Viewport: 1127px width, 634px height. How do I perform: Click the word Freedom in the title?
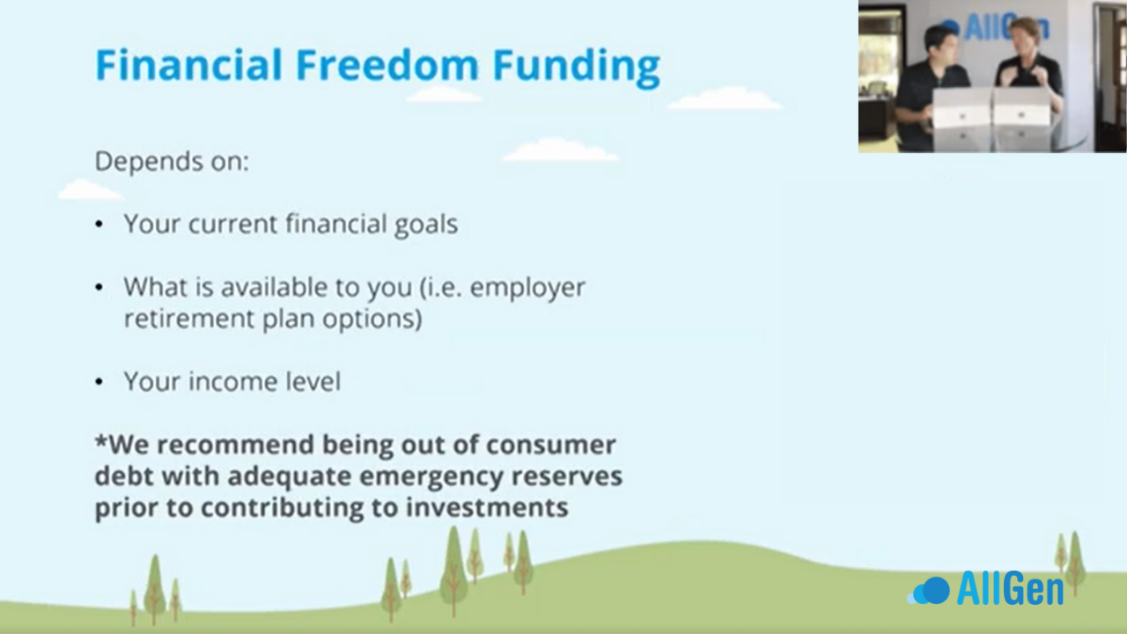tap(386, 65)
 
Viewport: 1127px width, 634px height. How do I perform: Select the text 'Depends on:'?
tap(172, 161)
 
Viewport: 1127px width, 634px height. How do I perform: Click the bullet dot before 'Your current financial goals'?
tap(99, 224)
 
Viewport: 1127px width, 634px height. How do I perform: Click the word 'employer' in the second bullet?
tap(527, 289)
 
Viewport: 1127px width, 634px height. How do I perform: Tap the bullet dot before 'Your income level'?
tap(99, 382)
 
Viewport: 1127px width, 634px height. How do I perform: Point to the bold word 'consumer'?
tap(551, 446)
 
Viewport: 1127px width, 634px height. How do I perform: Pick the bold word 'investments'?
tap(487, 507)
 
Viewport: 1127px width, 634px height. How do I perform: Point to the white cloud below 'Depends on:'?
tap(90, 189)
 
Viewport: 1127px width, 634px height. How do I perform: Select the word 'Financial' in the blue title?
tap(188, 65)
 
